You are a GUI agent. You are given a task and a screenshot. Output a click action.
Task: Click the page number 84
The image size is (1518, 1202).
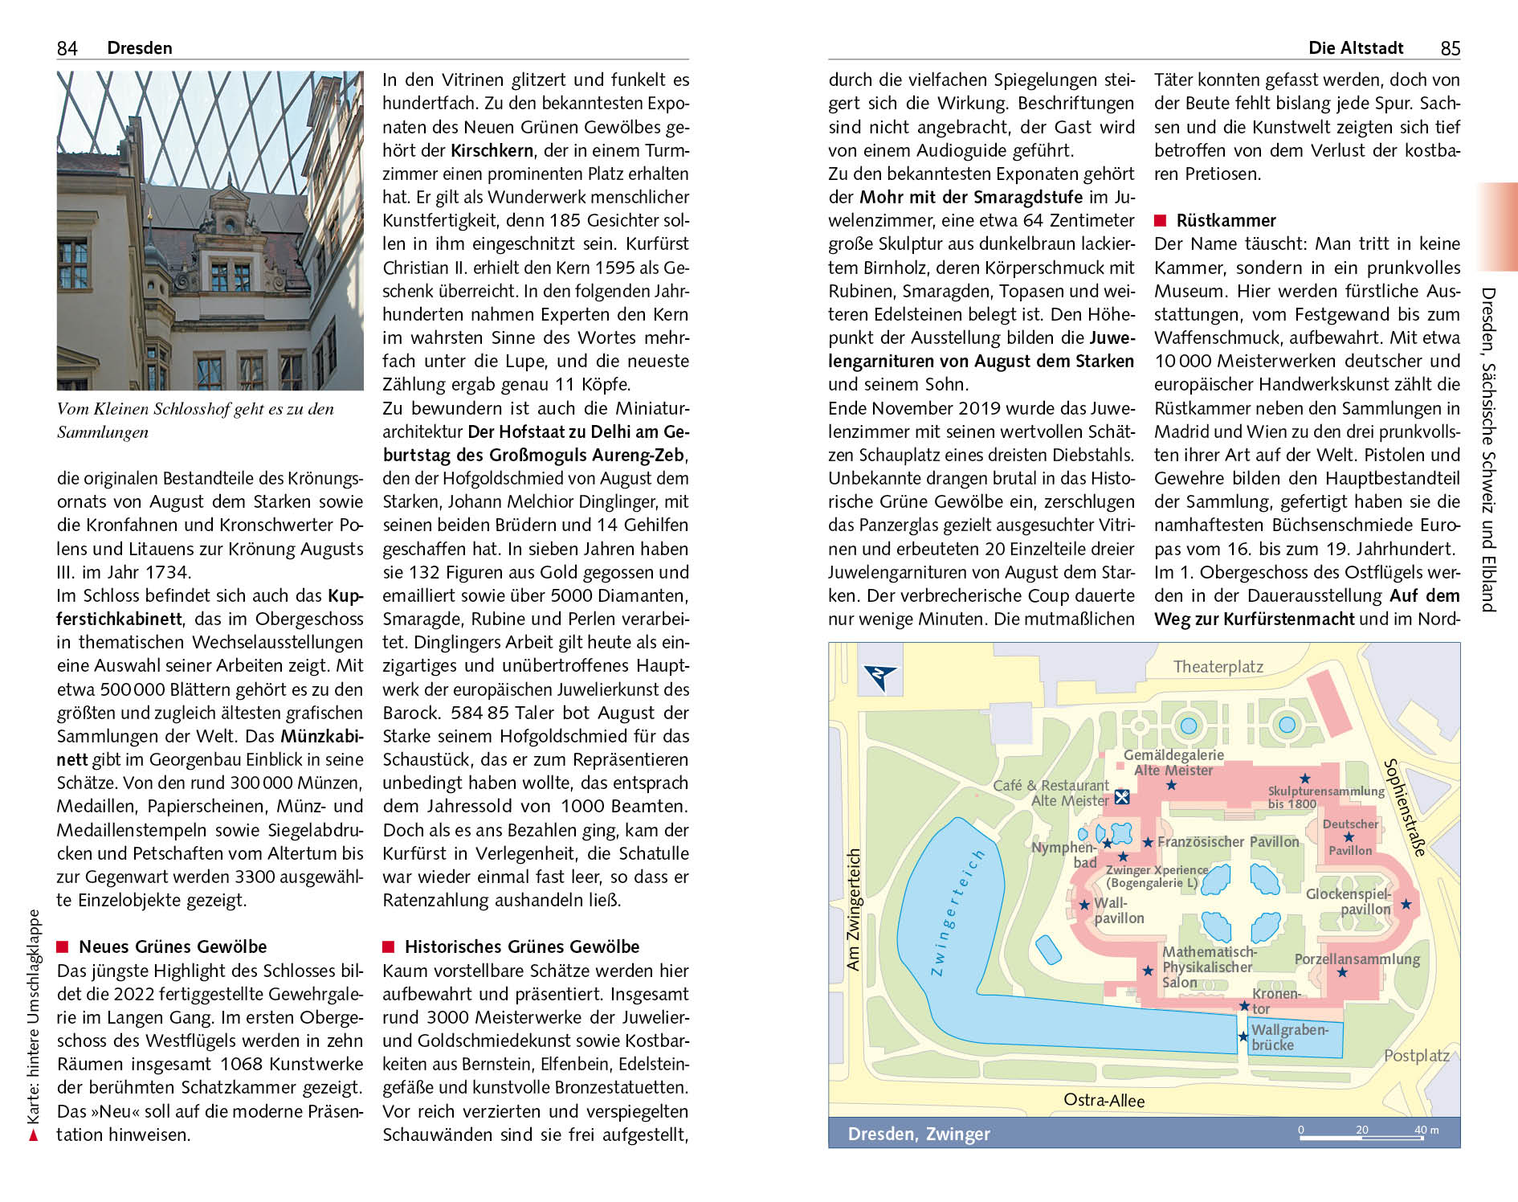click(x=67, y=48)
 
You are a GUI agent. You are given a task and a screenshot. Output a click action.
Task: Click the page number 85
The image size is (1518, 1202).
click(x=1450, y=48)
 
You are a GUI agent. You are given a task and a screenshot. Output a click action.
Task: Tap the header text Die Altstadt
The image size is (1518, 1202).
click(x=1355, y=48)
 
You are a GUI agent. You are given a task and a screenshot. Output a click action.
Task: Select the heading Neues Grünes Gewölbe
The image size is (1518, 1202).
click(x=172, y=946)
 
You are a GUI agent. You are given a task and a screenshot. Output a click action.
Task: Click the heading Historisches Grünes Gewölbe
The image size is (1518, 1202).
click(x=521, y=946)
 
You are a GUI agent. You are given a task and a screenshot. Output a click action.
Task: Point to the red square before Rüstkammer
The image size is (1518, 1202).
click(x=1160, y=220)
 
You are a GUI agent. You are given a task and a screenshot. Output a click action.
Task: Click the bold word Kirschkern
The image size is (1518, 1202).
click(x=492, y=150)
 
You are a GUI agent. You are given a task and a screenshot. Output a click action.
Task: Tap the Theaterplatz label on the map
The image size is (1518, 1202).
click(x=1218, y=666)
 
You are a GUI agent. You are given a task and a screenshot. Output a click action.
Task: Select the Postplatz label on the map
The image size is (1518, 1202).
click(x=1416, y=1055)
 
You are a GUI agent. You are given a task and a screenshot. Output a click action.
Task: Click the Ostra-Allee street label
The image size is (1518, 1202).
click(x=1104, y=1100)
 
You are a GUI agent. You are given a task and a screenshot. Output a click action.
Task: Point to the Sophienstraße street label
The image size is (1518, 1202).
click(x=1405, y=807)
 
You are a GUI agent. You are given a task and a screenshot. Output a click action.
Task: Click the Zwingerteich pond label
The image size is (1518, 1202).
click(x=955, y=912)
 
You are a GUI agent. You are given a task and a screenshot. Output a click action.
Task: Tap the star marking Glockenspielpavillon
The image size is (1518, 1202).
click(x=1406, y=904)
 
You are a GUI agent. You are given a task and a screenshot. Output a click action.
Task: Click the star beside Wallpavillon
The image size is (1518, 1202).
click(x=1084, y=905)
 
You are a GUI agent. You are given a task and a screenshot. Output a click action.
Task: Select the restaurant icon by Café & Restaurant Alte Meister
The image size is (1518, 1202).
click(x=1122, y=797)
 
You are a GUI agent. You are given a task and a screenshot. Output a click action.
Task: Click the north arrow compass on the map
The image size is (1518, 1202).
click(x=880, y=677)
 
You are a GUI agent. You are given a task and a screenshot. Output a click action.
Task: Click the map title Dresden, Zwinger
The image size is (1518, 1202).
click(x=919, y=1134)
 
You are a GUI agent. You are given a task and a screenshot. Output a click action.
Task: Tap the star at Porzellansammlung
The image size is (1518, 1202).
click(x=1341, y=972)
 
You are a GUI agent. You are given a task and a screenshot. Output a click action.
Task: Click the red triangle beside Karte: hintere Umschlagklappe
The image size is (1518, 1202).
click(x=33, y=1135)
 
